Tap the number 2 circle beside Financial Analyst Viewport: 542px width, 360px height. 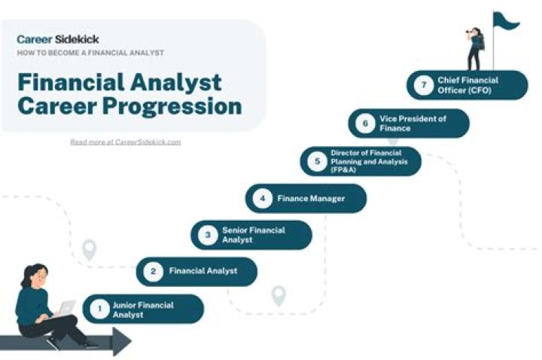(x=153, y=271)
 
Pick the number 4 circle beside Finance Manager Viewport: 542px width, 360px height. (x=262, y=199)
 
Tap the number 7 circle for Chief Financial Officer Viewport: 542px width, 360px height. (x=424, y=84)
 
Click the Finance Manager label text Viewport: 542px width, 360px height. (x=311, y=199)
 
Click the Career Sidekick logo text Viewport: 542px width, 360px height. (x=58, y=38)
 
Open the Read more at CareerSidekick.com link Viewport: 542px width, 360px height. (x=125, y=142)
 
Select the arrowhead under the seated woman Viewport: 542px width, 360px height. (x=120, y=343)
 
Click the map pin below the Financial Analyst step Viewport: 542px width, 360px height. (x=279, y=295)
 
